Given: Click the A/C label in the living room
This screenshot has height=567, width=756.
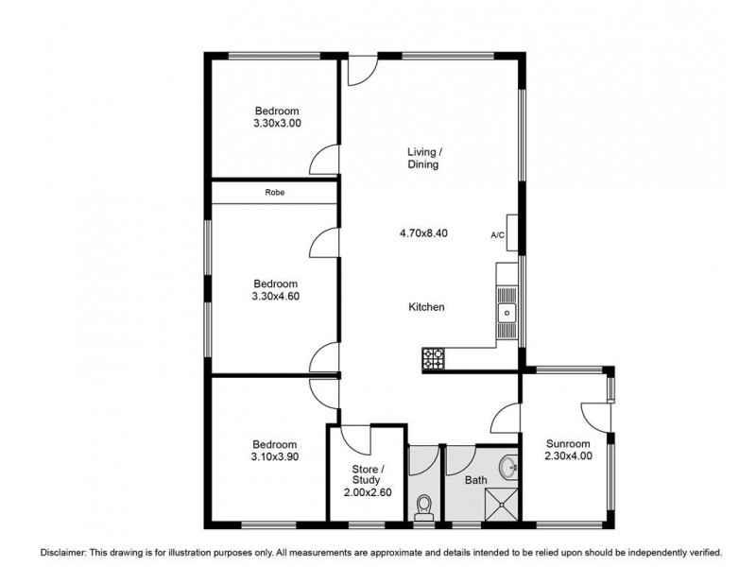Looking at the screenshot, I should pos(497,235).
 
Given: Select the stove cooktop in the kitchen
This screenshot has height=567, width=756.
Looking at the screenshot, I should pos(434,359).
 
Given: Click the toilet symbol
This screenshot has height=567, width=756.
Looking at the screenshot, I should pos(423,507).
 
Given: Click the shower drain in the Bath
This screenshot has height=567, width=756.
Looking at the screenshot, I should pos(505,507).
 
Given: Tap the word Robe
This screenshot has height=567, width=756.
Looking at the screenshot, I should pos(275,193).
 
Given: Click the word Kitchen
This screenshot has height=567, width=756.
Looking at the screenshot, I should pos(426,307).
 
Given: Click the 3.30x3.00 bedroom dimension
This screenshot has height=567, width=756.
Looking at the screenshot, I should pos(277,123).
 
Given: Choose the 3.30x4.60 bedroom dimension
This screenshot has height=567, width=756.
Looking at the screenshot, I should pos(276,297).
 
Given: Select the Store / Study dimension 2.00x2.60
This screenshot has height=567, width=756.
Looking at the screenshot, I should pos(368,493).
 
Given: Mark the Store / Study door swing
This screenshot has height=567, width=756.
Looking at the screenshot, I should pos(359,439).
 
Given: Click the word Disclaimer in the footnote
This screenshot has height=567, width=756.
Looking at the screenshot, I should pos(63,551).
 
